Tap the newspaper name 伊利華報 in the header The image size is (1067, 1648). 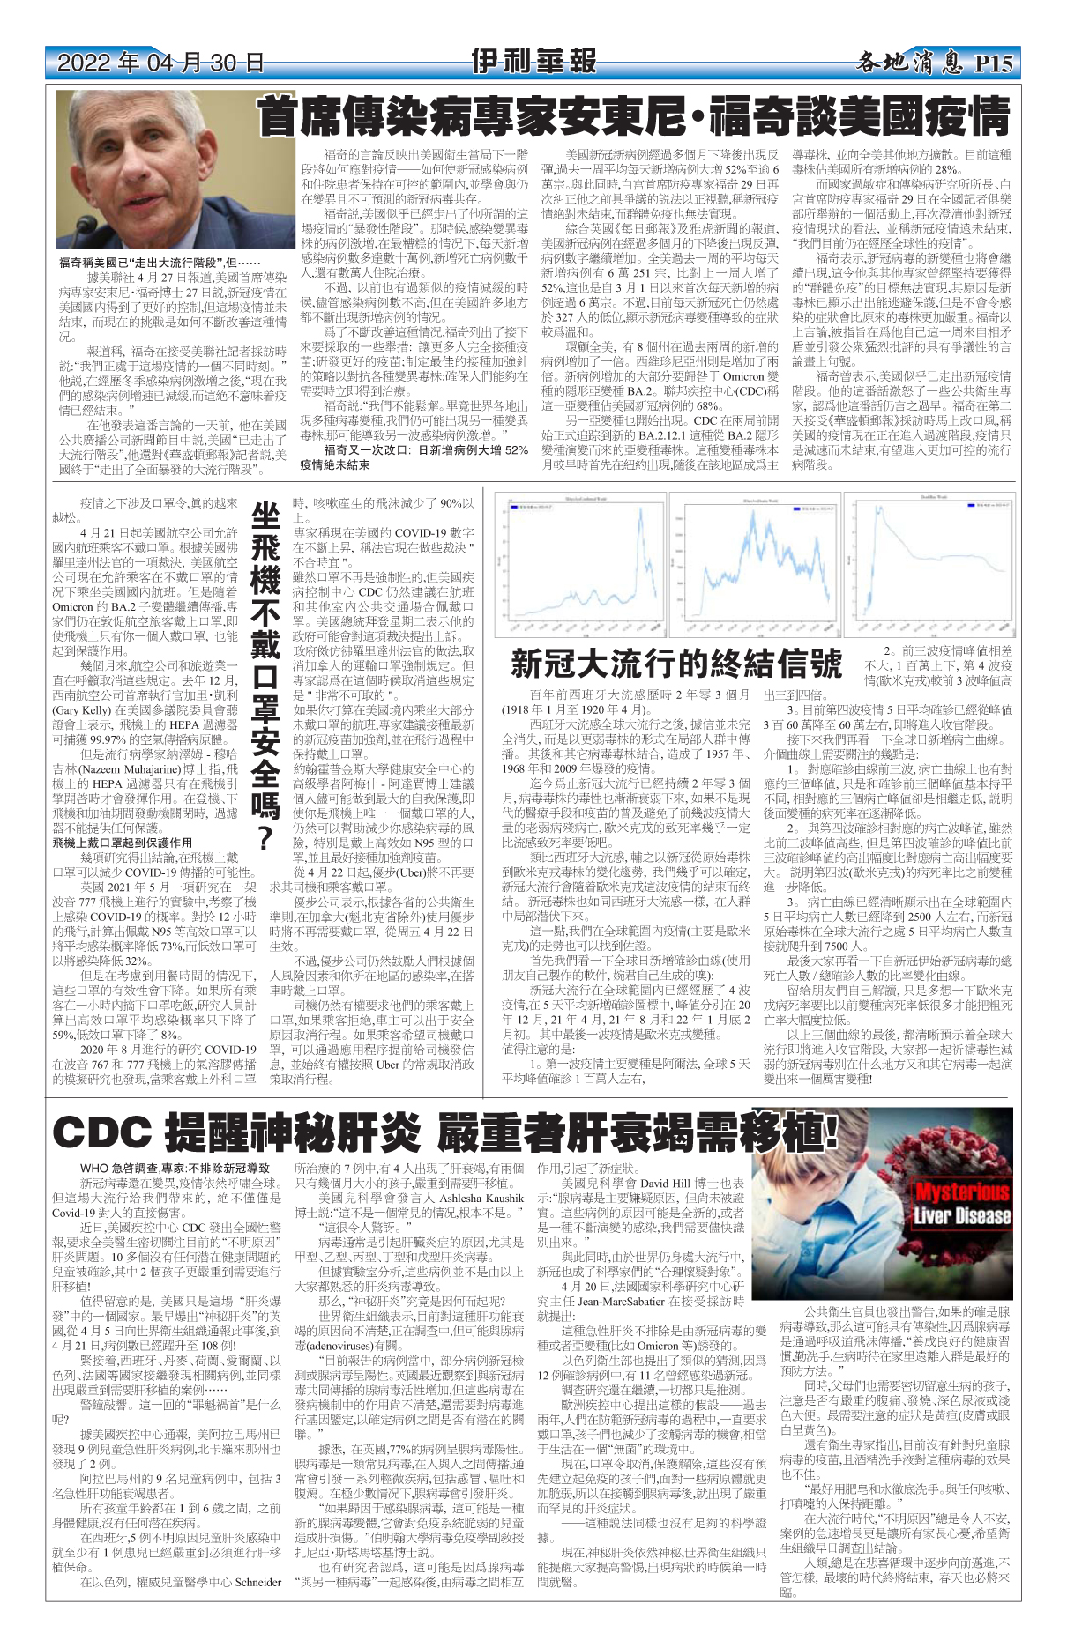(533, 62)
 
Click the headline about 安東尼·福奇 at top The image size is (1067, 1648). (633, 117)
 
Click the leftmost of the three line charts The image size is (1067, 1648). (578, 564)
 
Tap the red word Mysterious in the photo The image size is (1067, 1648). (961, 1192)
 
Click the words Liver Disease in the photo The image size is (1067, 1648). (961, 1216)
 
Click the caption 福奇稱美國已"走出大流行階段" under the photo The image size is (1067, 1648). (160, 263)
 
